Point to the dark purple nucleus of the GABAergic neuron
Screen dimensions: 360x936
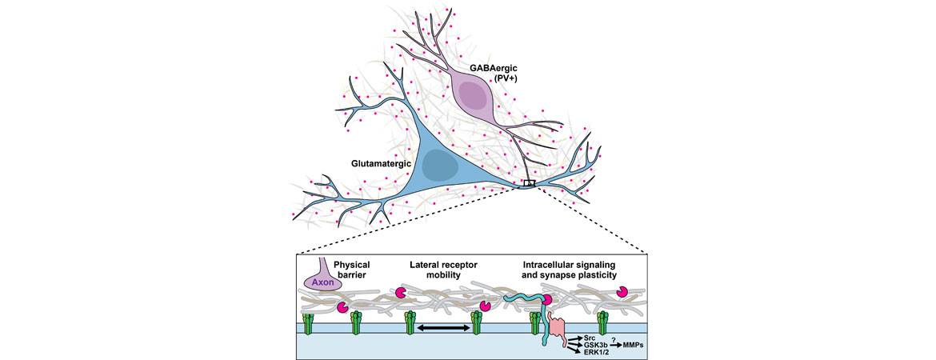474,98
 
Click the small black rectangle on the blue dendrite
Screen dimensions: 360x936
529,183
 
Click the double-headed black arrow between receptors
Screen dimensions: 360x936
443,328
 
